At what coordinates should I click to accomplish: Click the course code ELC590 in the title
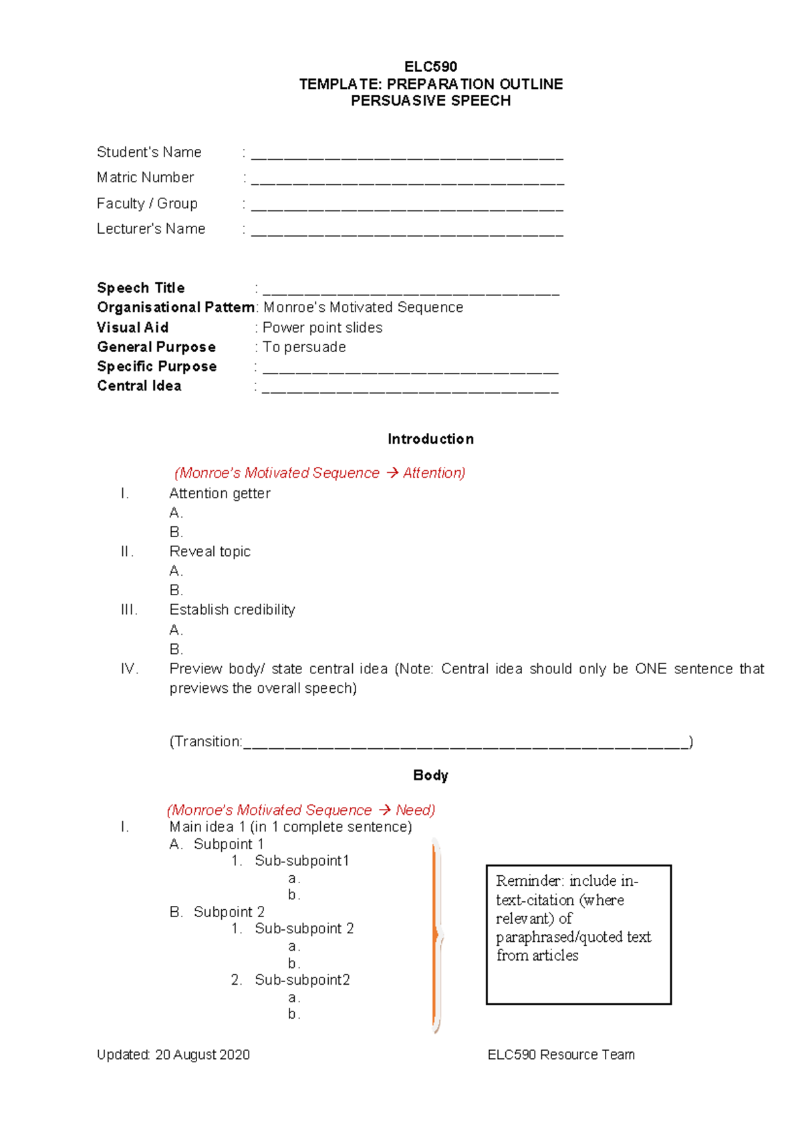(x=430, y=67)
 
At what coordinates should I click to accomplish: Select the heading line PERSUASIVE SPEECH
(x=430, y=101)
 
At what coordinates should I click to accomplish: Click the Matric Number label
(x=145, y=178)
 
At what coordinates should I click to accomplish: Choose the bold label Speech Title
(x=140, y=288)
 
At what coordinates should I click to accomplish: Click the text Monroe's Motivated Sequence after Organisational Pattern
(x=363, y=307)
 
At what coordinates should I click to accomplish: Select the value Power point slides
(x=322, y=328)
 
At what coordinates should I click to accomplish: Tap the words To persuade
(x=304, y=347)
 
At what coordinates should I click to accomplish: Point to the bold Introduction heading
(x=430, y=440)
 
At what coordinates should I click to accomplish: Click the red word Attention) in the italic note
(x=434, y=473)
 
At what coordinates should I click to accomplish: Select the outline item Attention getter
(x=219, y=494)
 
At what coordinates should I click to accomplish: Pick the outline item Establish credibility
(x=232, y=610)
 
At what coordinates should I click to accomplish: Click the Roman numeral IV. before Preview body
(x=129, y=669)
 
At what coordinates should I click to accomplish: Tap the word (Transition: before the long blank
(x=206, y=742)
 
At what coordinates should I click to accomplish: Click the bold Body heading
(x=430, y=776)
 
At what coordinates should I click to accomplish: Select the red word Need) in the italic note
(x=415, y=810)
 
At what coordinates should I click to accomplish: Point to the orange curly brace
(x=437, y=935)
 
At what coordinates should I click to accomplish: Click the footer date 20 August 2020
(x=203, y=1055)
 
